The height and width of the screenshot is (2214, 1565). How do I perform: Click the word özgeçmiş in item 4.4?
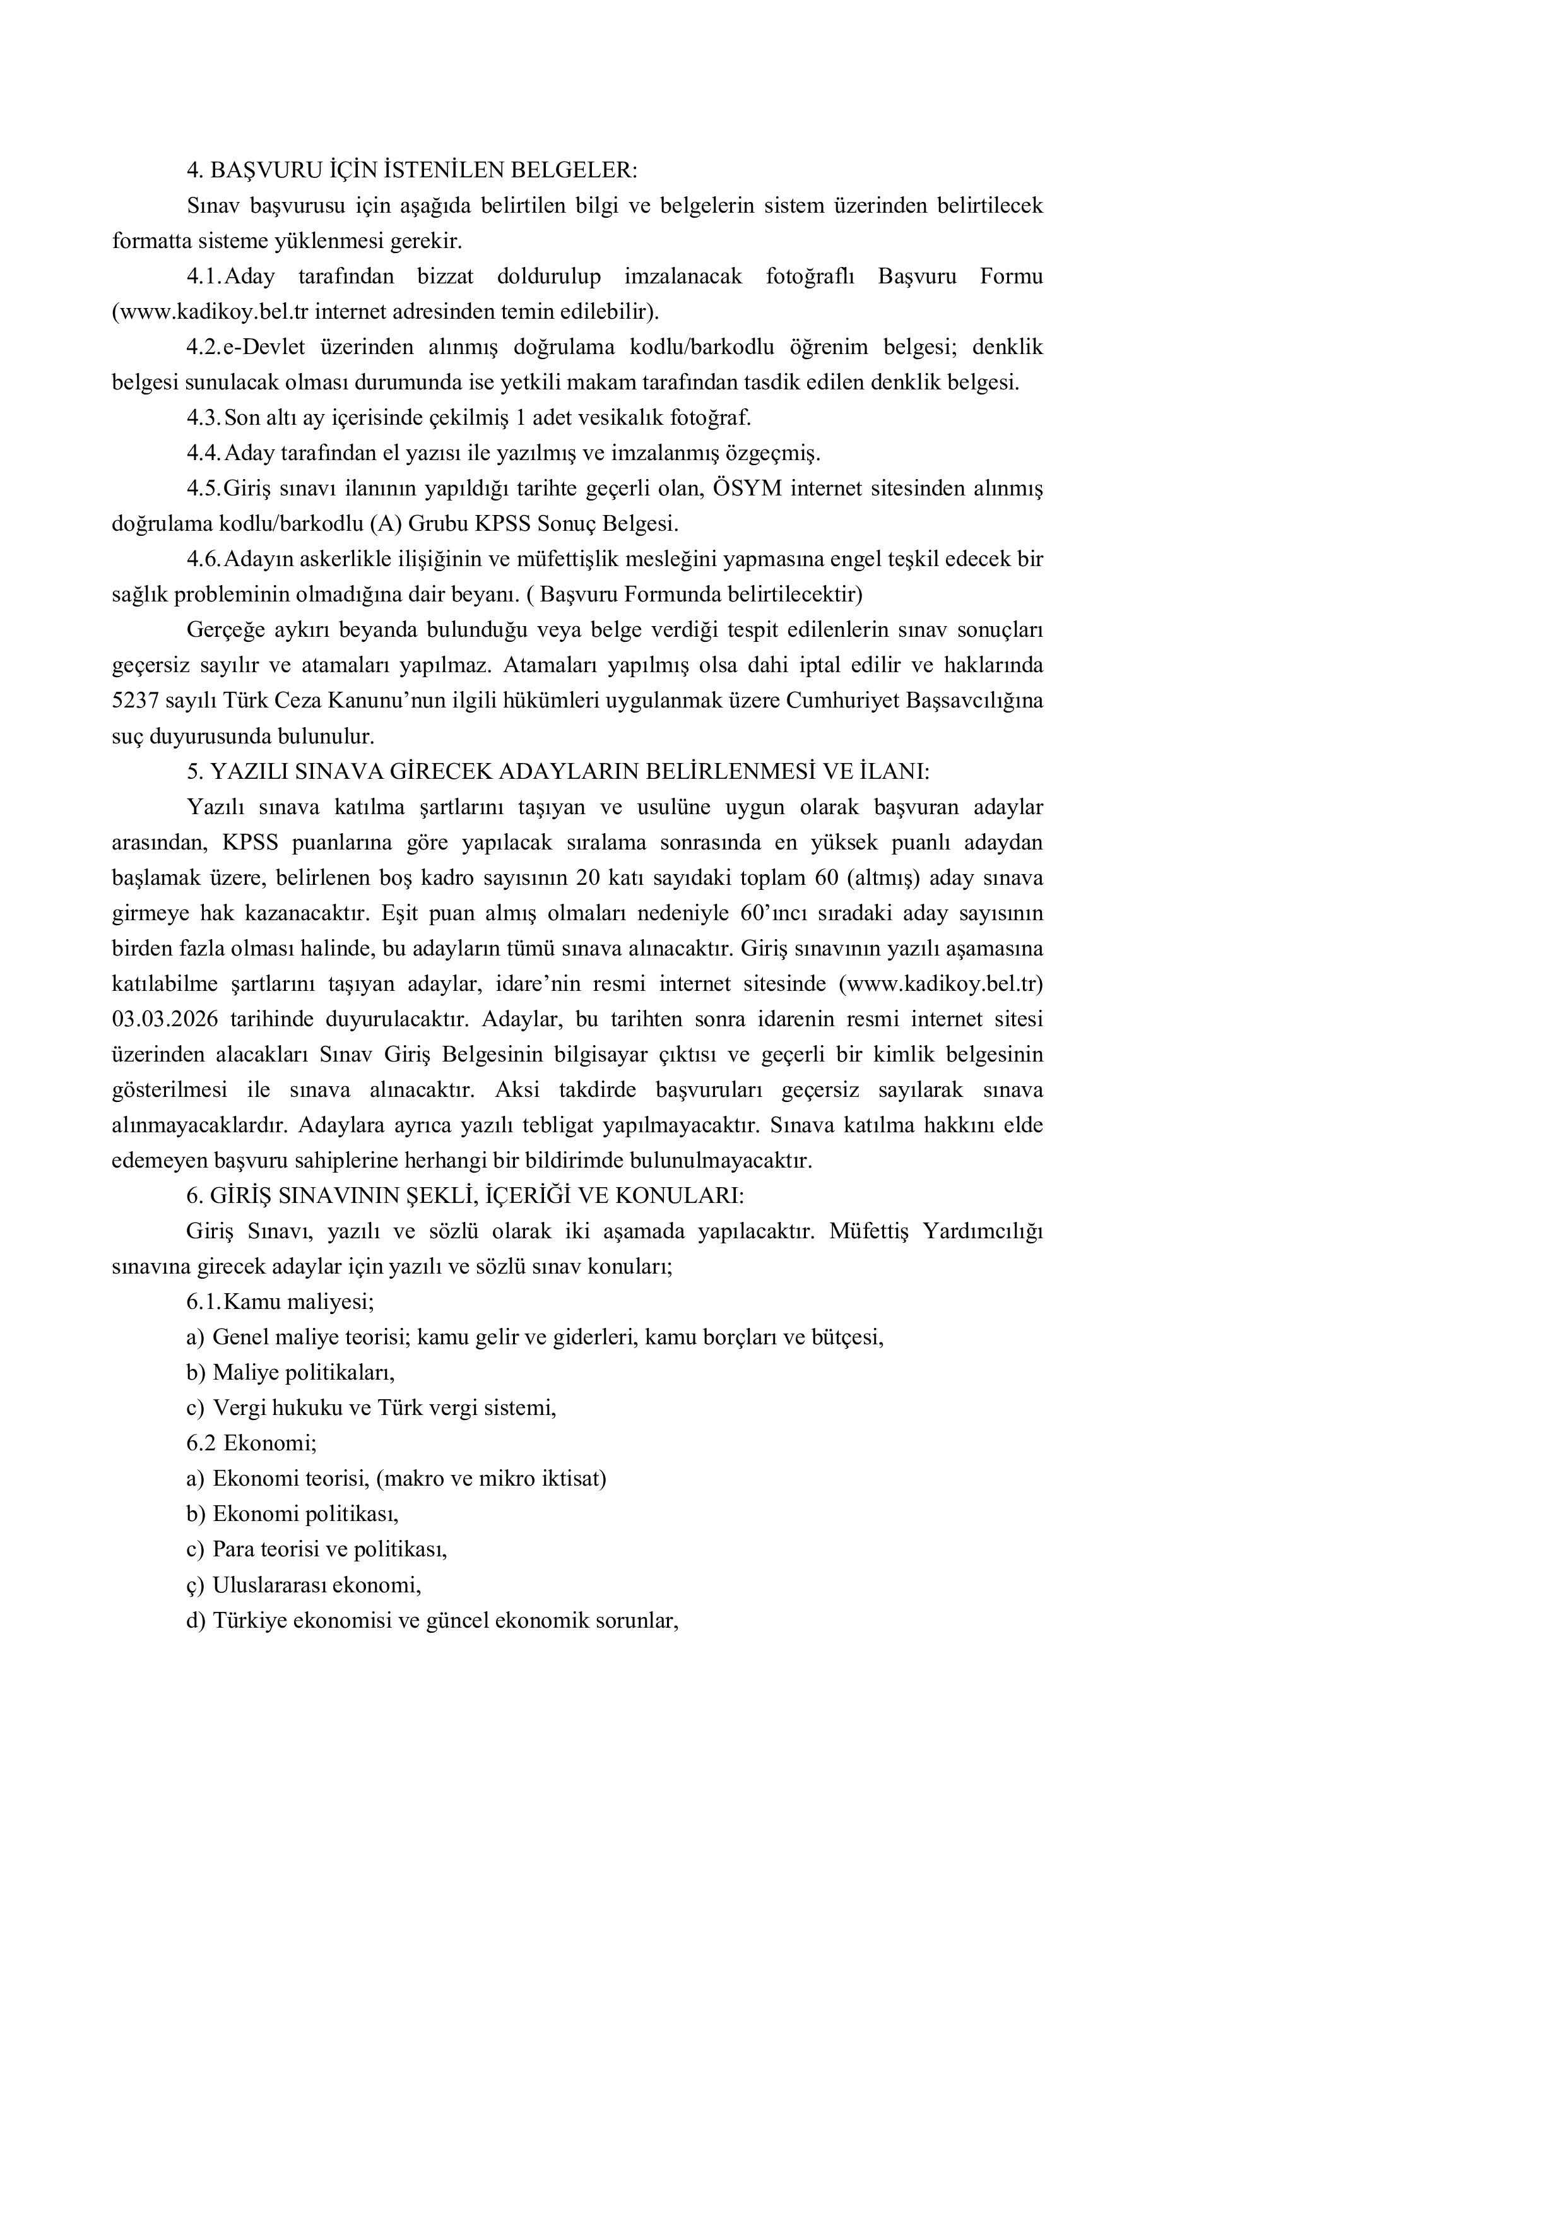(771, 453)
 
